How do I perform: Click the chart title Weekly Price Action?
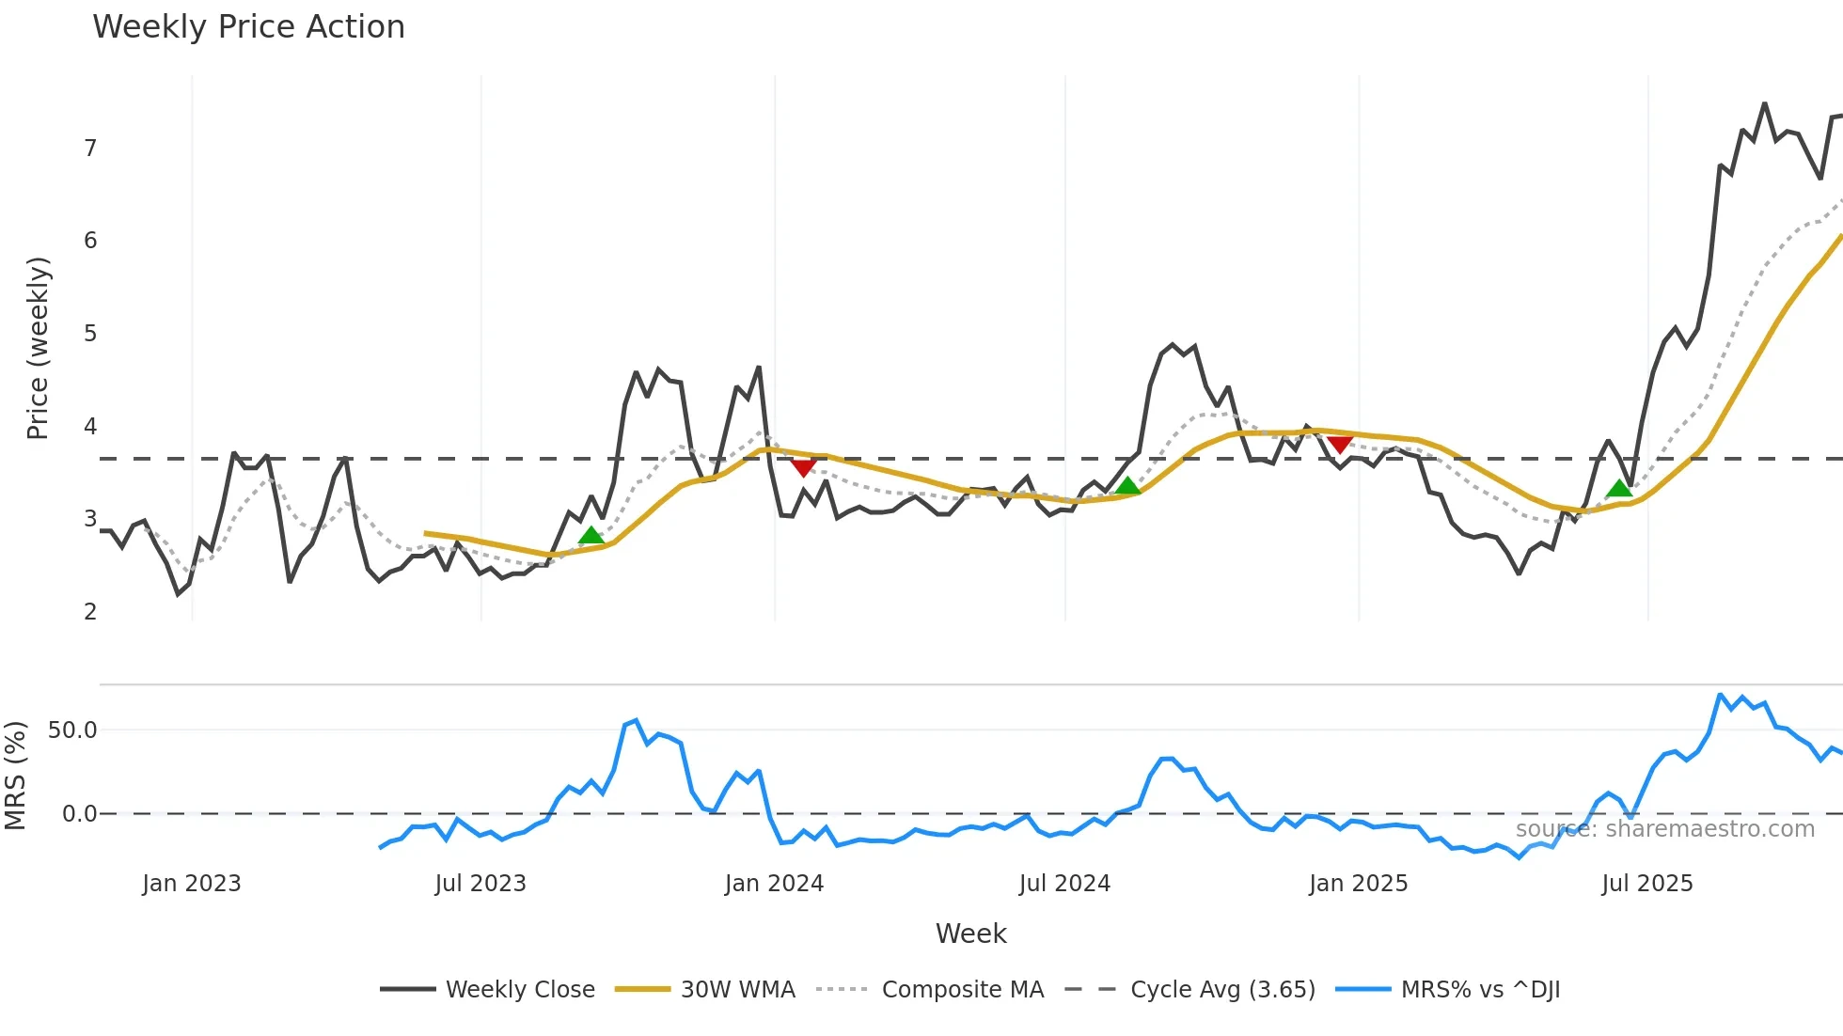click(x=248, y=27)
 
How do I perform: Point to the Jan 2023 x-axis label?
click(x=192, y=884)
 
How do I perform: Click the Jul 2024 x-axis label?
click(x=1064, y=884)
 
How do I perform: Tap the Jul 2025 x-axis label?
click(x=1646, y=884)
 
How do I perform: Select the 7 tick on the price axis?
click(x=90, y=149)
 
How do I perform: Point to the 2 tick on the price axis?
click(x=90, y=612)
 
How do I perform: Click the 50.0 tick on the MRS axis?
click(x=72, y=730)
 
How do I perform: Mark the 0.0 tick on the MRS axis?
click(x=79, y=814)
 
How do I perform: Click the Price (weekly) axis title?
click(x=38, y=348)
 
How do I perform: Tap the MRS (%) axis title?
click(x=15, y=776)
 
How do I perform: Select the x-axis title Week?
click(x=970, y=934)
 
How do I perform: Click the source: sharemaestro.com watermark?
click(x=1664, y=829)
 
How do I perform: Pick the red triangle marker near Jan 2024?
click(x=803, y=467)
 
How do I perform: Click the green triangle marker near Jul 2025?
click(x=1619, y=488)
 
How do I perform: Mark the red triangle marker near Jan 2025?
click(x=1340, y=444)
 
